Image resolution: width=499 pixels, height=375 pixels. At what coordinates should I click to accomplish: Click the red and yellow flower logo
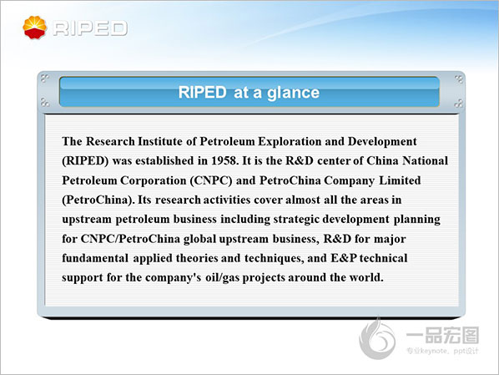[x=35, y=28]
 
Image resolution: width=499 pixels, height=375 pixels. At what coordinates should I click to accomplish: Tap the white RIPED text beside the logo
[x=90, y=28]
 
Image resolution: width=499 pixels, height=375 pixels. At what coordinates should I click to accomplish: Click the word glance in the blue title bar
[x=293, y=93]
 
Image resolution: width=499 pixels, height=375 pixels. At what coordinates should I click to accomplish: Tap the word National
[x=426, y=160]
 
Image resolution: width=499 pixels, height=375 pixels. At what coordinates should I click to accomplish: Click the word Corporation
[x=153, y=180]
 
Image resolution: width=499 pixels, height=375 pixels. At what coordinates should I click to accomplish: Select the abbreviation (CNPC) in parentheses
[x=211, y=180]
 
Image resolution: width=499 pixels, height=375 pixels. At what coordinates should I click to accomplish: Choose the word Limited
[x=400, y=180]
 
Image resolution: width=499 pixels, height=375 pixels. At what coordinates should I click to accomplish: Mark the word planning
[x=417, y=220]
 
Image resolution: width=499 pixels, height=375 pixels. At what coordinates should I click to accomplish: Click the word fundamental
[x=95, y=258]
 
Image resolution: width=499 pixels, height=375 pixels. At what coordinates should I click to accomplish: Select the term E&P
[x=344, y=258]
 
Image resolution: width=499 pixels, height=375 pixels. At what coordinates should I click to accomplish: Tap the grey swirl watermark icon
[x=377, y=338]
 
